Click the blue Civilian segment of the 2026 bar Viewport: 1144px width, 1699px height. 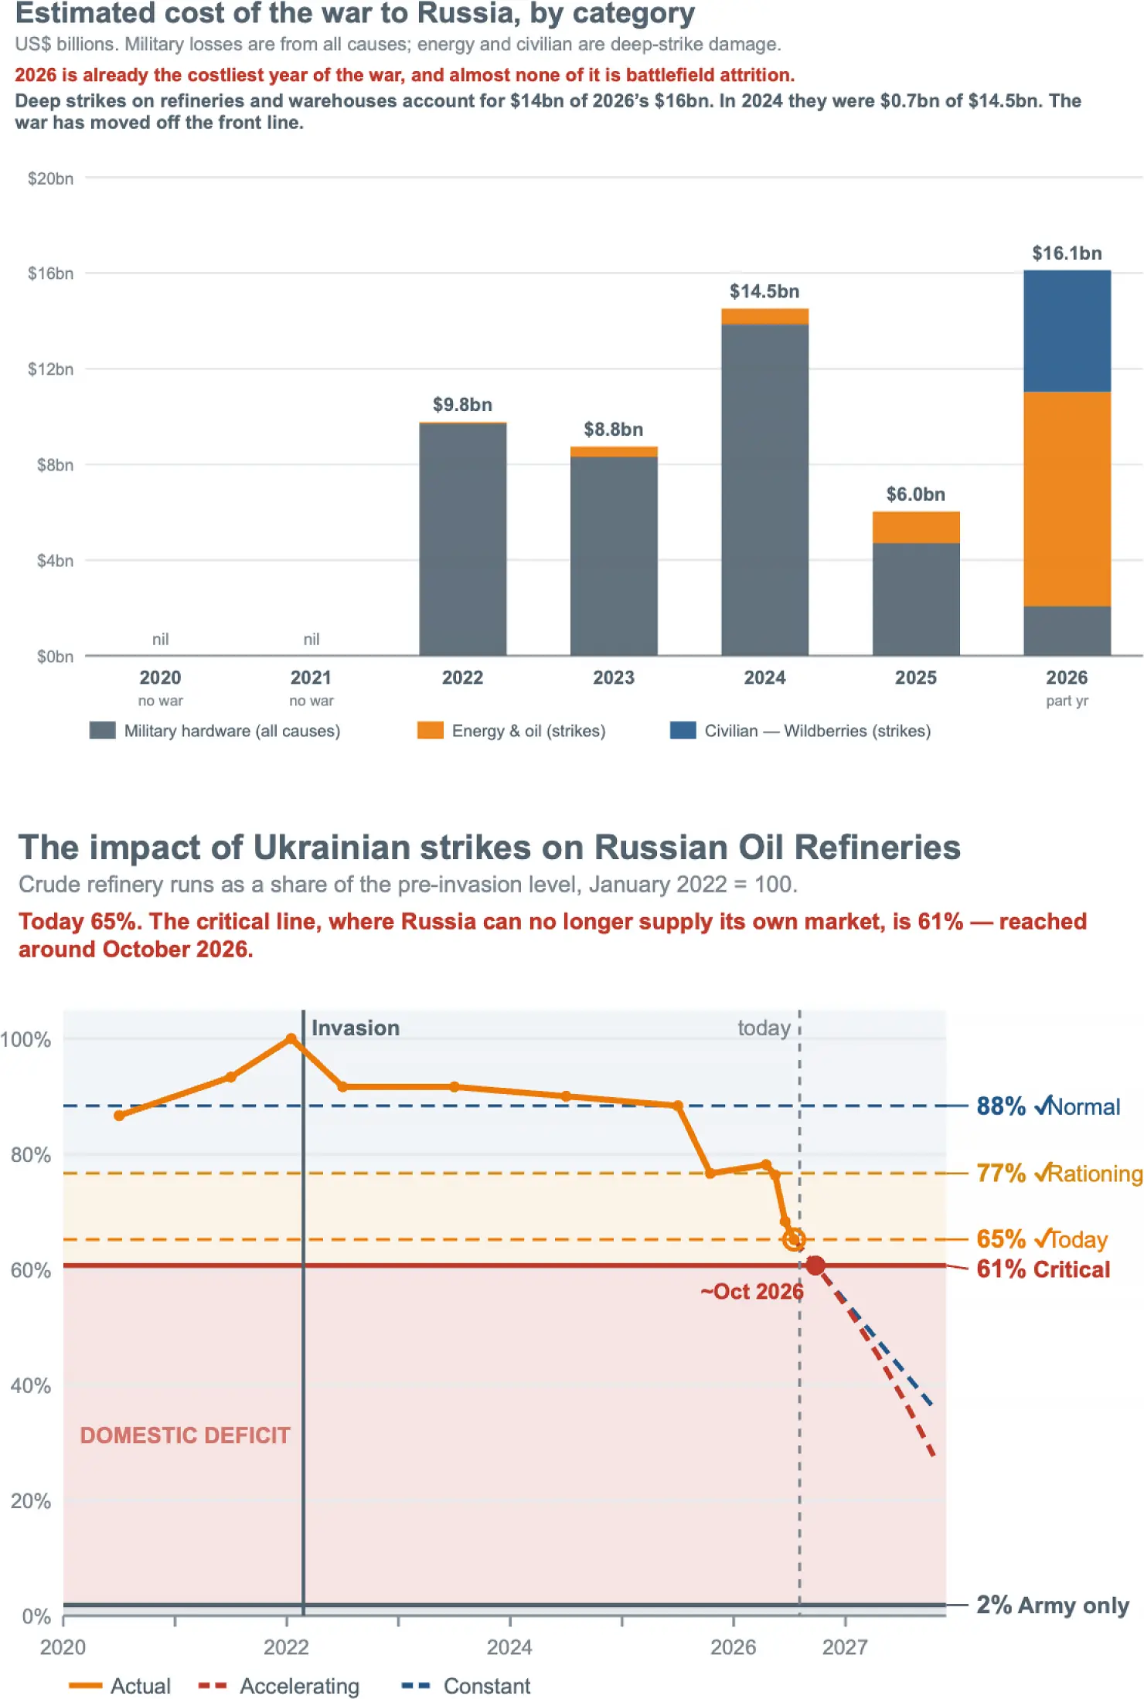click(1067, 331)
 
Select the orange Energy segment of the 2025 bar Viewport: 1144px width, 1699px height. click(916, 527)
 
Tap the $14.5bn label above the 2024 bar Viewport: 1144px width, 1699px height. click(764, 291)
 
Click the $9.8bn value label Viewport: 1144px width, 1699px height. click(462, 405)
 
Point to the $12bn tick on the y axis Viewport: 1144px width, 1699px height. click(51, 369)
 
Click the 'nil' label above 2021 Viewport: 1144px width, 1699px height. click(312, 639)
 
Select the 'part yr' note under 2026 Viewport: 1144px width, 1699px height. click(1067, 701)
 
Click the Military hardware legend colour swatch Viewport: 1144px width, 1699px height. click(103, 730)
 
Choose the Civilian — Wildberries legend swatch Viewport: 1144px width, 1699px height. click(683, 730)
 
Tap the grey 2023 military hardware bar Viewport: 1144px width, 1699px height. click(614, 556)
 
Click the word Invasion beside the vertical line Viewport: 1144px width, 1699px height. click(356, 1028)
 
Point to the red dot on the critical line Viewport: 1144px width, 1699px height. click(815, 1265)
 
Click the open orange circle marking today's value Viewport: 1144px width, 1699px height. click(793, 1240)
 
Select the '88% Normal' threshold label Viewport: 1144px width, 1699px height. click(1048, 1106)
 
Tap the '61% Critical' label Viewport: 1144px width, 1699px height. click(1043, 1269)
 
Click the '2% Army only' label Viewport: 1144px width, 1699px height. click(1052, 1605)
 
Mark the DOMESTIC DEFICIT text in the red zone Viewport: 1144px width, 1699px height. click(186, 1435)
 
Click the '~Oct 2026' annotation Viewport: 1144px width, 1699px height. click(752, 1291)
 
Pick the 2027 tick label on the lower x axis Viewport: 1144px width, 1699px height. click(845, 1646)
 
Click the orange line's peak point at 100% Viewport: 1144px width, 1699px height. click(291, 1039)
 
